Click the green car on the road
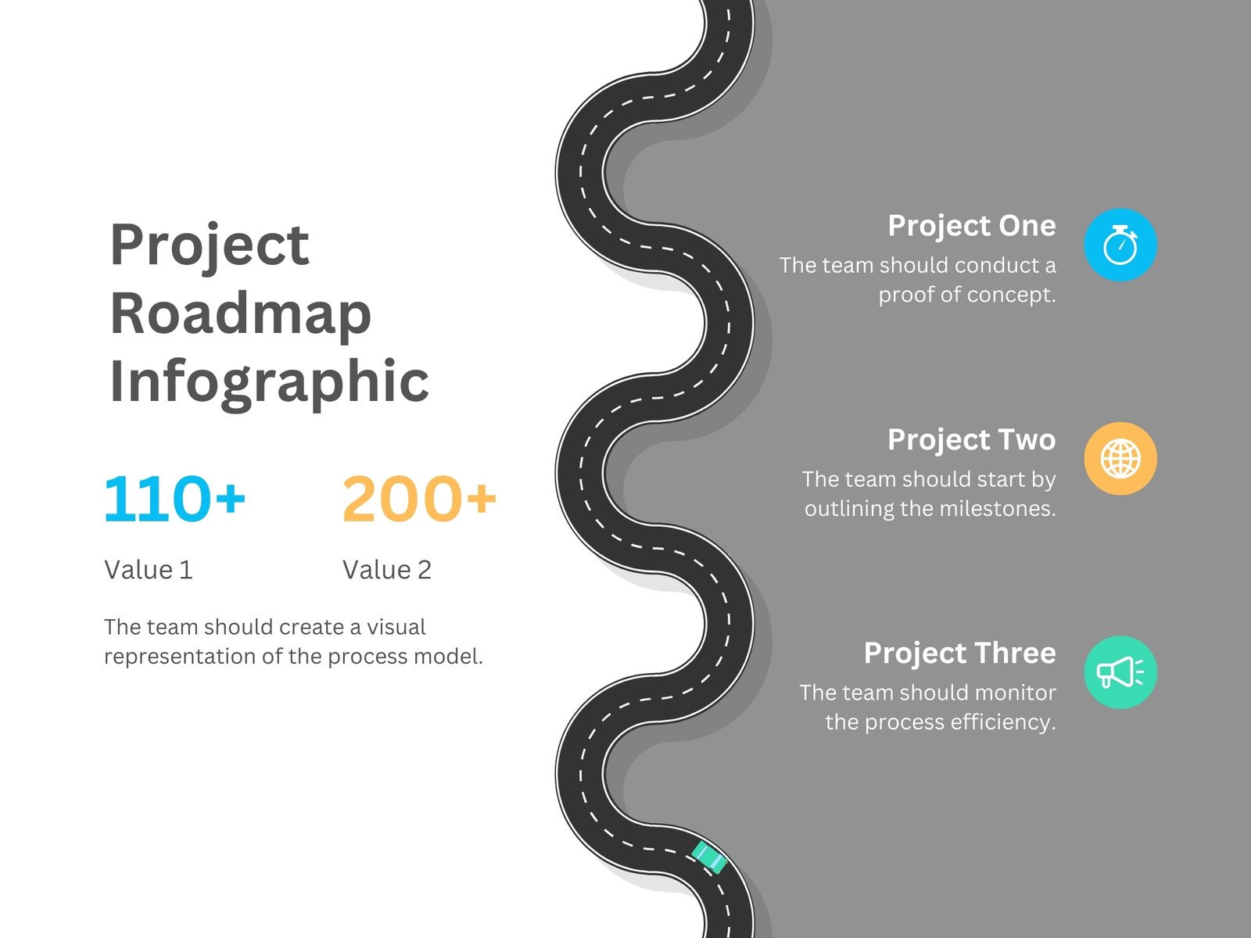[x=710, y=857]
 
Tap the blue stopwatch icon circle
[x=1120, y=245]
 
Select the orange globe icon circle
[x=1120, y=459]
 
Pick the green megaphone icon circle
[x=1120, y=672]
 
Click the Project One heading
[x=972, y=226]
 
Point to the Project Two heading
[x=972, y=439]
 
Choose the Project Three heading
[x=960, y=653]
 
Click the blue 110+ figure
[x=174, y=499]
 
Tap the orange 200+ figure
[x=419, y=499]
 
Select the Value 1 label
[x=149, y=570]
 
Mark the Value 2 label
[x=386, y=570]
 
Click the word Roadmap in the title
[x=241, y=313]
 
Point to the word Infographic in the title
[x=269, y=383]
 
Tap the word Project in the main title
[x=210, y=246]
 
